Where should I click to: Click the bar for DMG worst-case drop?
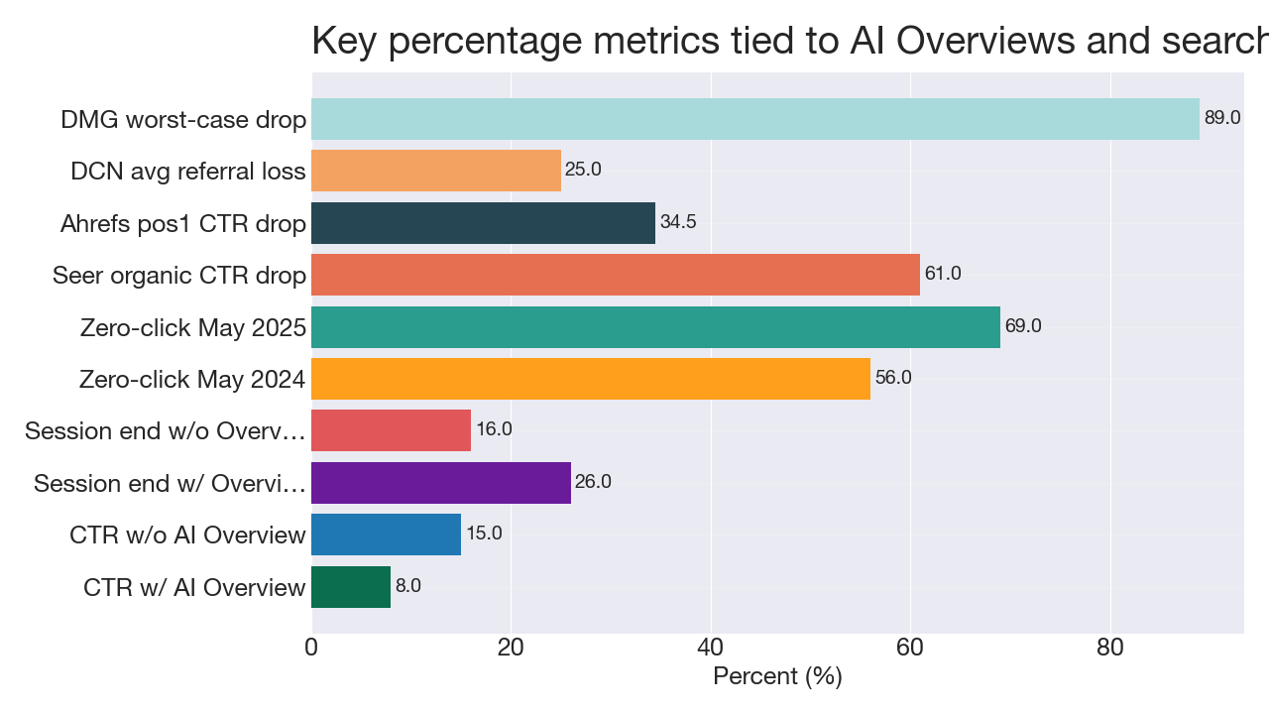[x=754, y=119]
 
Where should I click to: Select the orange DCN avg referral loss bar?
[x=436, y=171]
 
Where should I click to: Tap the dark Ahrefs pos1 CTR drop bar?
[x=483, y=223]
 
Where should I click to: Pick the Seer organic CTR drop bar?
[x=615, y=275]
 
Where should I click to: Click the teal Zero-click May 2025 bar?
[x=655, y=327]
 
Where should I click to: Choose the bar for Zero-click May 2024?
[x=590, y=379]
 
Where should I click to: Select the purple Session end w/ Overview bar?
[x=441, y=483]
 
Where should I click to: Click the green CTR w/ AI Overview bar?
[x=351, y=587]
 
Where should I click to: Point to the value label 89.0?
[x=1221, y=118]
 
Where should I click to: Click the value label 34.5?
[x=678, y=222]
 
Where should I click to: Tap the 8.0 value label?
[x=408, y=586]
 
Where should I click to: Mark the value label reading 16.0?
[x=494, y=429]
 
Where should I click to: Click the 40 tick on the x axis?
[x=710, y=648]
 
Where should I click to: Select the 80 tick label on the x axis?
[x=1109, y=648]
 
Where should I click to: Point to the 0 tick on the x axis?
[x=311, y=648]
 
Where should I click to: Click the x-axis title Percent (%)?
[x=777, y=677]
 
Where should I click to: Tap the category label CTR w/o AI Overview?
[x=187, y=535]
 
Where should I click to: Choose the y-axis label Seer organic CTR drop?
[x=179, y=276]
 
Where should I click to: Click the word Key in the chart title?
[x=343, y=42]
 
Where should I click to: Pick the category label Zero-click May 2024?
[x=192, y=380]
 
